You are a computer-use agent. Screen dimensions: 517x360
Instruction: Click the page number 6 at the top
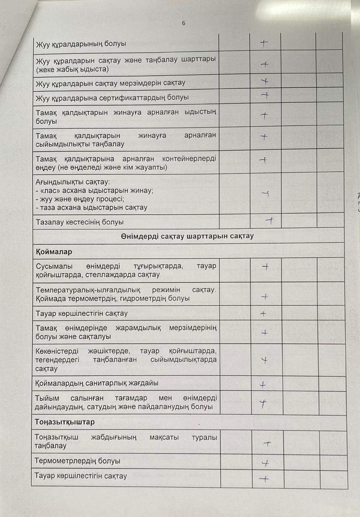[x=183, y=23]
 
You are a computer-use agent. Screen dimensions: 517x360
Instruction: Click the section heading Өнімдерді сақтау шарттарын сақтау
[x=187, y=236]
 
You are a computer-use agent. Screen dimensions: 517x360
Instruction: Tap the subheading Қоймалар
[x=54, y=252]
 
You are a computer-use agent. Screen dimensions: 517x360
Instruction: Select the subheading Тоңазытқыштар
[x=65, y=422]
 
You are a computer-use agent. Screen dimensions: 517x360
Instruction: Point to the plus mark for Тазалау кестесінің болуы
[x=270, y=221]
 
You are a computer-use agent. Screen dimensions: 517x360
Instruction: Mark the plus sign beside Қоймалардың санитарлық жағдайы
[x=263, y=385]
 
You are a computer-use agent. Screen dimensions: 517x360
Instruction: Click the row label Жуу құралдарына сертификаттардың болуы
[x=112, y=98]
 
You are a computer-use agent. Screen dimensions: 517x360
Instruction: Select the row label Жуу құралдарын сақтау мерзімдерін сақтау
[x=111, y=83]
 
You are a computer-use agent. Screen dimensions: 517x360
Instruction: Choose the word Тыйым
[x=45, y=398]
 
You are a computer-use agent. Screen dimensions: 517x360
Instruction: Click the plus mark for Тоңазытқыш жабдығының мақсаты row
[x=267, y=443]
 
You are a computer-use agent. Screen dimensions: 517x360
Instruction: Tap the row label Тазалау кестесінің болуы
[x=80, y=222]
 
